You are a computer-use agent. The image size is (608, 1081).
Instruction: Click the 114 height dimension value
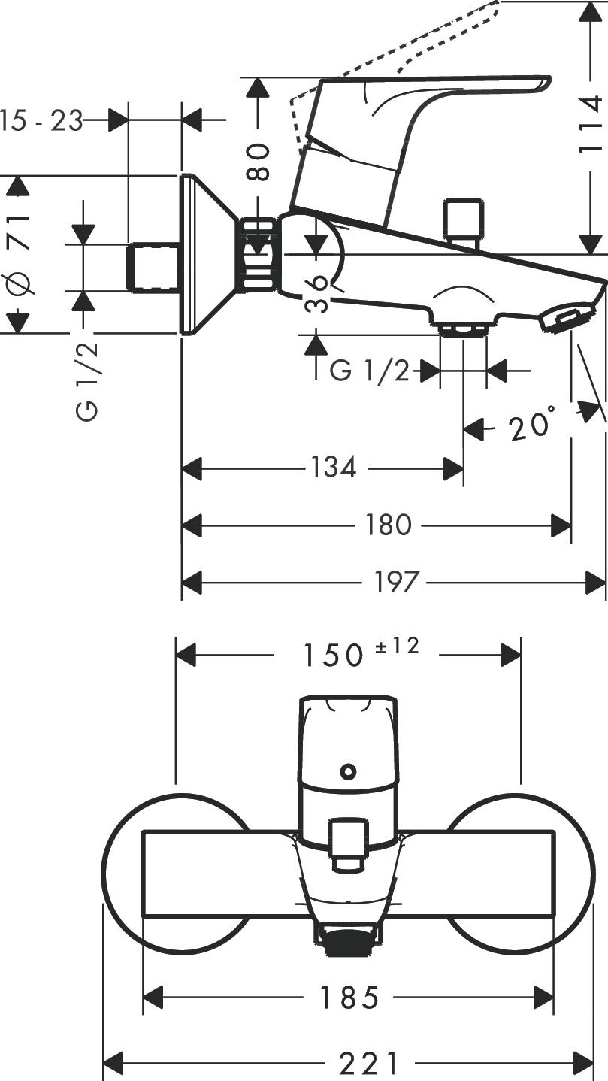590,125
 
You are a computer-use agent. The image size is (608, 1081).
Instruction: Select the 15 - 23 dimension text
42,120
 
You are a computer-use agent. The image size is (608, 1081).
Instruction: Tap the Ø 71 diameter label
19,254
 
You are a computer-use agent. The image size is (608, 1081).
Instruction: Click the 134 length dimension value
333,468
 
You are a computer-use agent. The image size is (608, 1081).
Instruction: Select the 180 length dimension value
388,525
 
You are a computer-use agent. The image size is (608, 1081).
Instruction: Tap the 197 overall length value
396,581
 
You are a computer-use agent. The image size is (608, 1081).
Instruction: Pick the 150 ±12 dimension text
360,653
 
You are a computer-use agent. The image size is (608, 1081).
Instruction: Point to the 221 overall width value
368,1063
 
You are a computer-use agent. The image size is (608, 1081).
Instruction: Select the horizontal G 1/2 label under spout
371,370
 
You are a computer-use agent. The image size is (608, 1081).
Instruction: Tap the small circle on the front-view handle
347,771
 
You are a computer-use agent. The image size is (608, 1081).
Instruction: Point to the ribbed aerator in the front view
347,940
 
